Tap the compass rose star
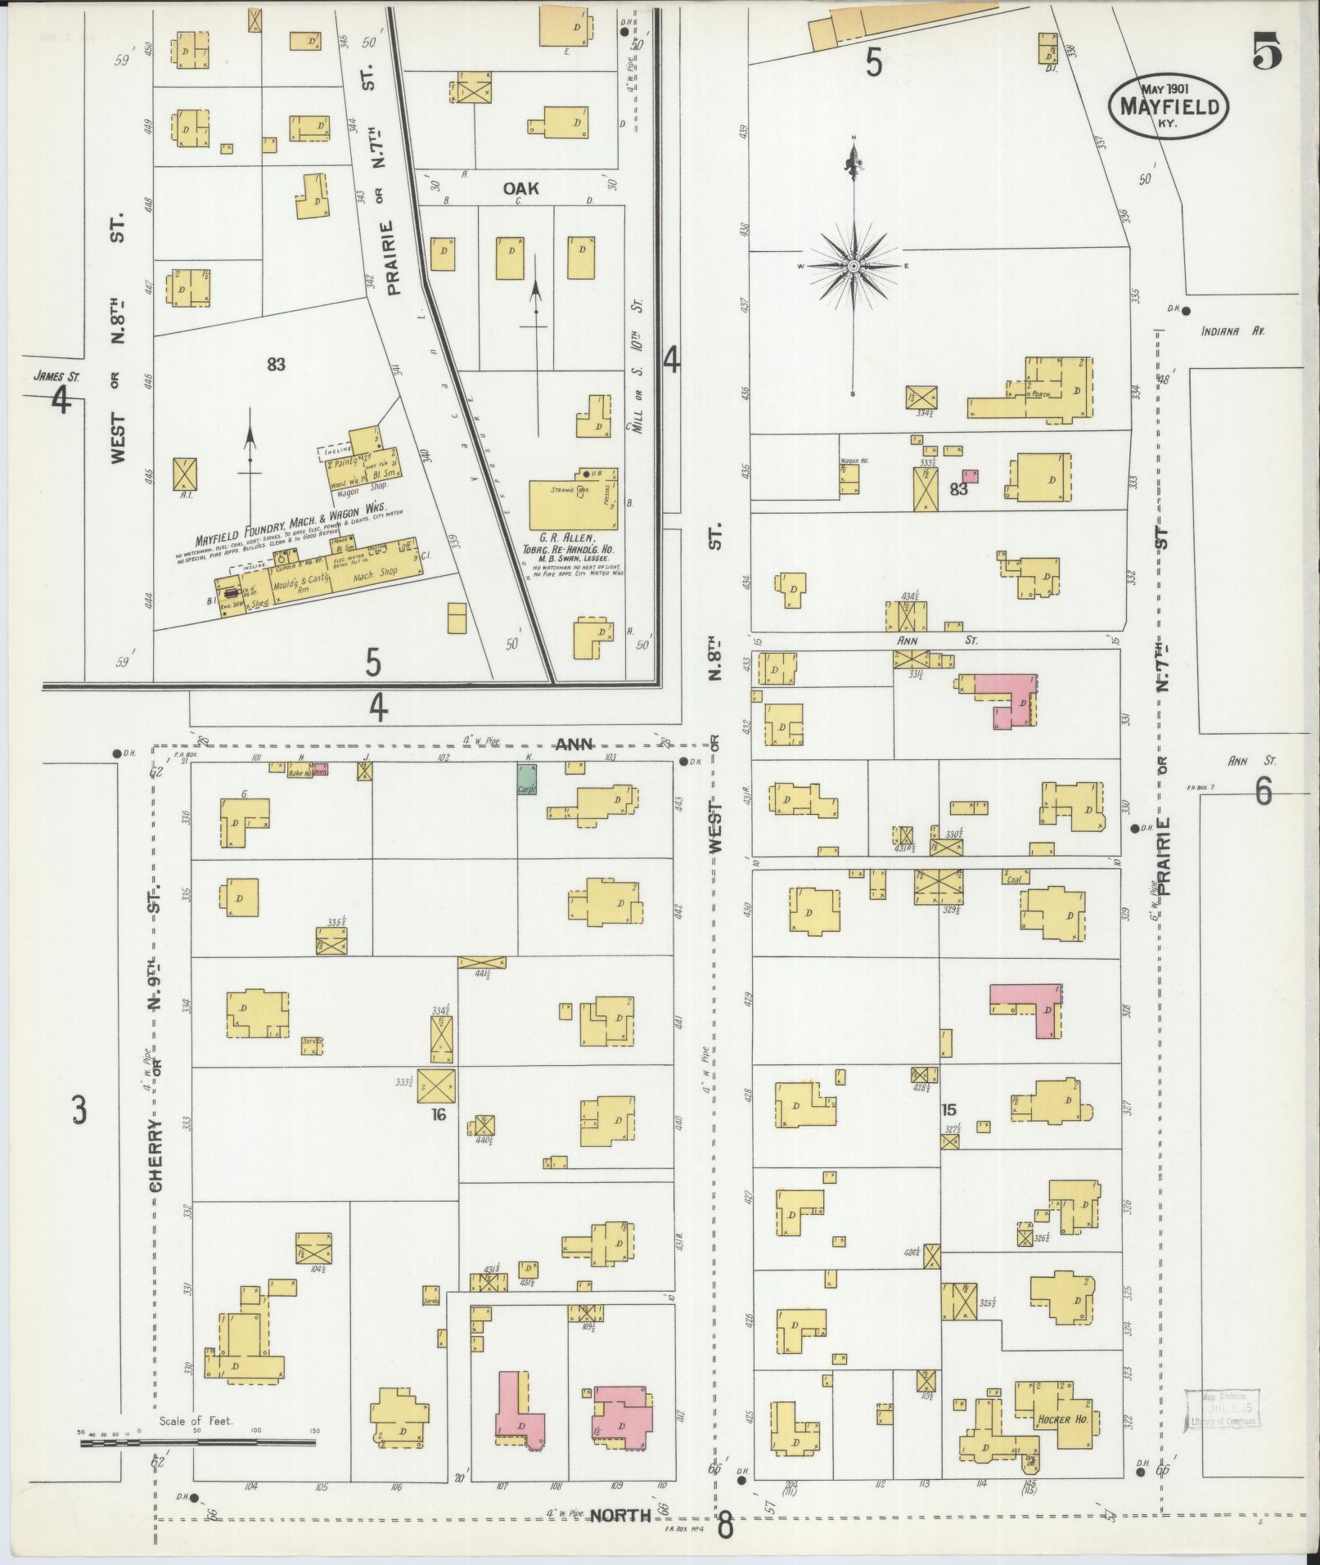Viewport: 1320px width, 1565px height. pyautogui.click(x=854, y=267)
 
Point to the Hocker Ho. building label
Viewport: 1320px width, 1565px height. pyautogui.click(x=1061, y=1419)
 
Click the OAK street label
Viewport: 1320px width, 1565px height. pyautogui.click(x=521, y=189)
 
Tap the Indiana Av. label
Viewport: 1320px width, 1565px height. pyautogui.click(x=1233, y=332)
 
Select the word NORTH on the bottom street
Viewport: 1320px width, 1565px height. pyautogui.click(x=619, y=1515)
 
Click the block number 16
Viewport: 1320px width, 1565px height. pyautogui.click(x=439, y=1114)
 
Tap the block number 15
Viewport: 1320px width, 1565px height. pyautogui.click(x=949, y=1110)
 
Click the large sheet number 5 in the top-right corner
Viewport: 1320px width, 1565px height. pyautogui.click(x=1265, y=55)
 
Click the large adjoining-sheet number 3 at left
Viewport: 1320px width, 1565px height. pyautogui.click(x=78, y=1110)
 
